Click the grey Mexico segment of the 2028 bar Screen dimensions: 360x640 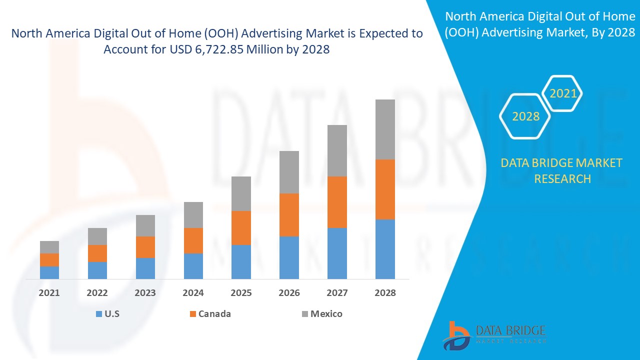pyautogui.click(x=385, y=129)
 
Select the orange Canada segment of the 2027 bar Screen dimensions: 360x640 pyautogui.click(x=337, y=202)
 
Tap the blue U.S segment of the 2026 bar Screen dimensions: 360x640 pyautogui.click(x=289, y=257)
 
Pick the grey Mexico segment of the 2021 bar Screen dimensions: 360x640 pyautogui.click(x=49, y=247)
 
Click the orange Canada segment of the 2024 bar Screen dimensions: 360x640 pyautogui.click(x=193, y=240)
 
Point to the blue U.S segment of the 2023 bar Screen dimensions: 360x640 pyautogui.click(x=145, y=268)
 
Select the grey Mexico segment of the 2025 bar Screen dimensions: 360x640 pyautogui.click(x=241, y=193)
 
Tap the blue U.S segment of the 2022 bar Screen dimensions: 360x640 pyautogui.click(x=97, y=270)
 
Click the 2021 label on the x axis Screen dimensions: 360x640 pyautogui.click(x=49, y=293)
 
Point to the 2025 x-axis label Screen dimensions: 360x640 pyautogui.click(x=241, y=293)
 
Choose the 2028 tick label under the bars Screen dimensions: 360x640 pyautogui.click(x=385, y=293)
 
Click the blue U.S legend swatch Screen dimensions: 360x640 pyautogui.click(x=98, y=314)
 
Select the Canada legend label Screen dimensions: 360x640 pyautogui.click(x=214, y=314)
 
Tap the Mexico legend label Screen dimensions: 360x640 pyautogui.click(x=326, y=314)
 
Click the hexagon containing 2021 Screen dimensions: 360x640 pyautogui.click(x=563, y=93)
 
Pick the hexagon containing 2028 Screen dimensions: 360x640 pyautogui.click(x=525, y=116)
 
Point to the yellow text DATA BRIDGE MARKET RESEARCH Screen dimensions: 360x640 pyautogui.click(x=562, y=170)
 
